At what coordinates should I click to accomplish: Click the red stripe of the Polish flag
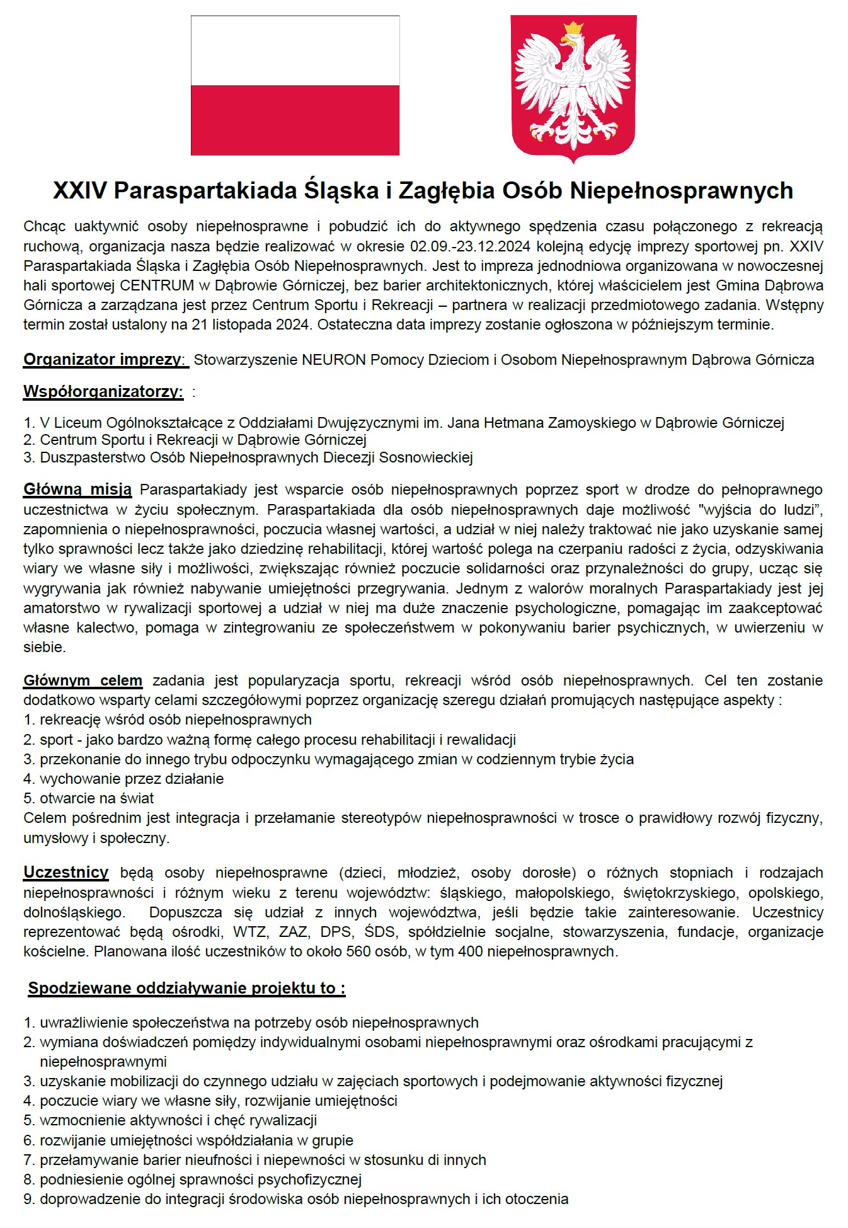click(x=295, y=120)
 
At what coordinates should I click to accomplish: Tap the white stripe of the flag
click(x=295, y=50)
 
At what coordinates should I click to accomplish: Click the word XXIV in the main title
click(x=80, y=190)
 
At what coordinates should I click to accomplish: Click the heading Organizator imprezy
click(x=103, y=360)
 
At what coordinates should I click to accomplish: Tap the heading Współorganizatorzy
click(x=103, y=391)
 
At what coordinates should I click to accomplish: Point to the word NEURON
click(x=333, y=360)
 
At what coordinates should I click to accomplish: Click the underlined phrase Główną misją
click(x=77, y=490)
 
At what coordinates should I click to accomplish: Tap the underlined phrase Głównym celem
click(x=83, y=680)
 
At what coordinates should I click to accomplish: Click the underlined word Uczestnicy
click(x=66, y=873)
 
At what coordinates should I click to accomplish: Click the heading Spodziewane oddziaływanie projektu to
click(x=186, y=988)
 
